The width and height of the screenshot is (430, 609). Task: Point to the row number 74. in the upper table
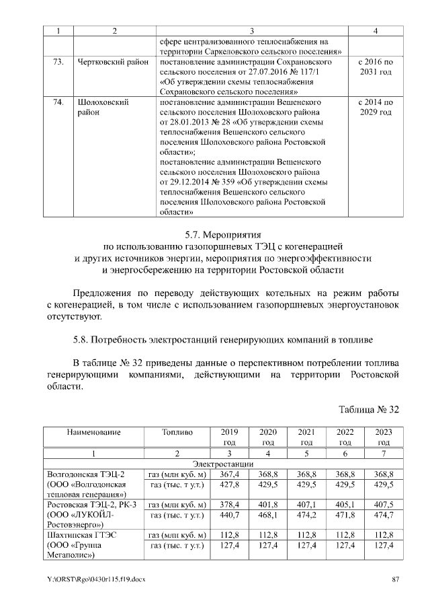click(x=58, y=102)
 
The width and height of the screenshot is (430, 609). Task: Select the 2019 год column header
click(x=229, y=437)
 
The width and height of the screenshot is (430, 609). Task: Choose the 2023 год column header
click(x=384, y=437)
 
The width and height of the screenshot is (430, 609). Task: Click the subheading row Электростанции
click(x=222, y=464)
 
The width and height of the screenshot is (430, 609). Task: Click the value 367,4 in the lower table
click(x=229, y=474)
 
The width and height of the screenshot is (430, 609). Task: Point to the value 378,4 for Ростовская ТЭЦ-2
click(x=229, y=504)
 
